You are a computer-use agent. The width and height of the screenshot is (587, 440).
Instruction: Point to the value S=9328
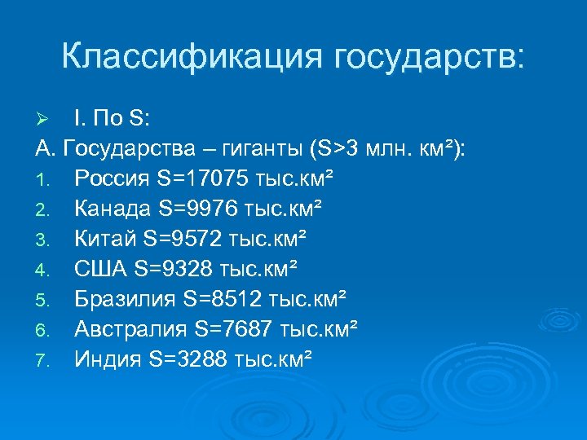coord(172,269)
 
